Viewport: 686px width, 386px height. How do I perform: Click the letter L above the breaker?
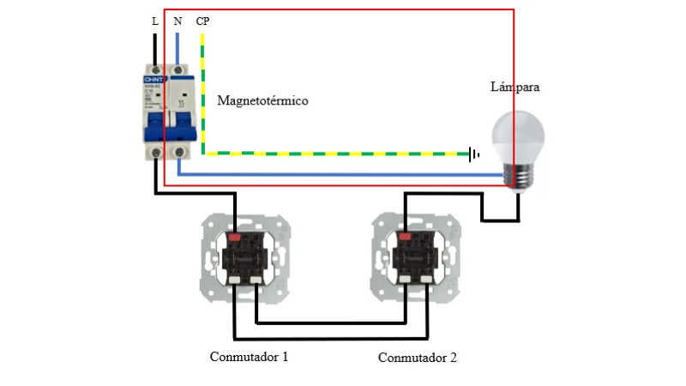click(x=155, y=21)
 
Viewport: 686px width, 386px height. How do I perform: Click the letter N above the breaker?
click(x=178, y=21)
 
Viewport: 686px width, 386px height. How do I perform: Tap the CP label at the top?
click(x=203, y=21)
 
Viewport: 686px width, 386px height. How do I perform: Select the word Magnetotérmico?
click(x=262, y=101)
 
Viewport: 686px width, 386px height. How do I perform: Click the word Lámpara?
click(x=514, y=87)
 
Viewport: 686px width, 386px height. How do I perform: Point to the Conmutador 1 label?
click(x=249, y=355)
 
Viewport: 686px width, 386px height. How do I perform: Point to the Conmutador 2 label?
click(x=418, y=357)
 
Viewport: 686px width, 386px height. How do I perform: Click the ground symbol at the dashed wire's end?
click(x=473, y=154)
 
